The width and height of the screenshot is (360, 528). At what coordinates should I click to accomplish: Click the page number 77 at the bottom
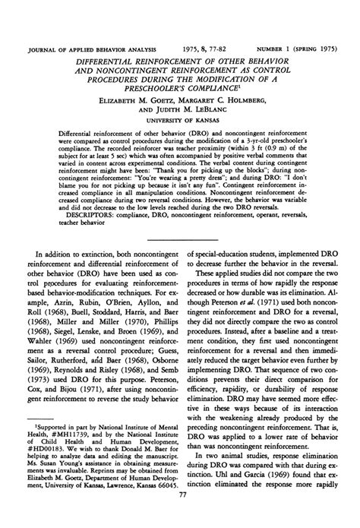pyautogui.click(x=181, y=516)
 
